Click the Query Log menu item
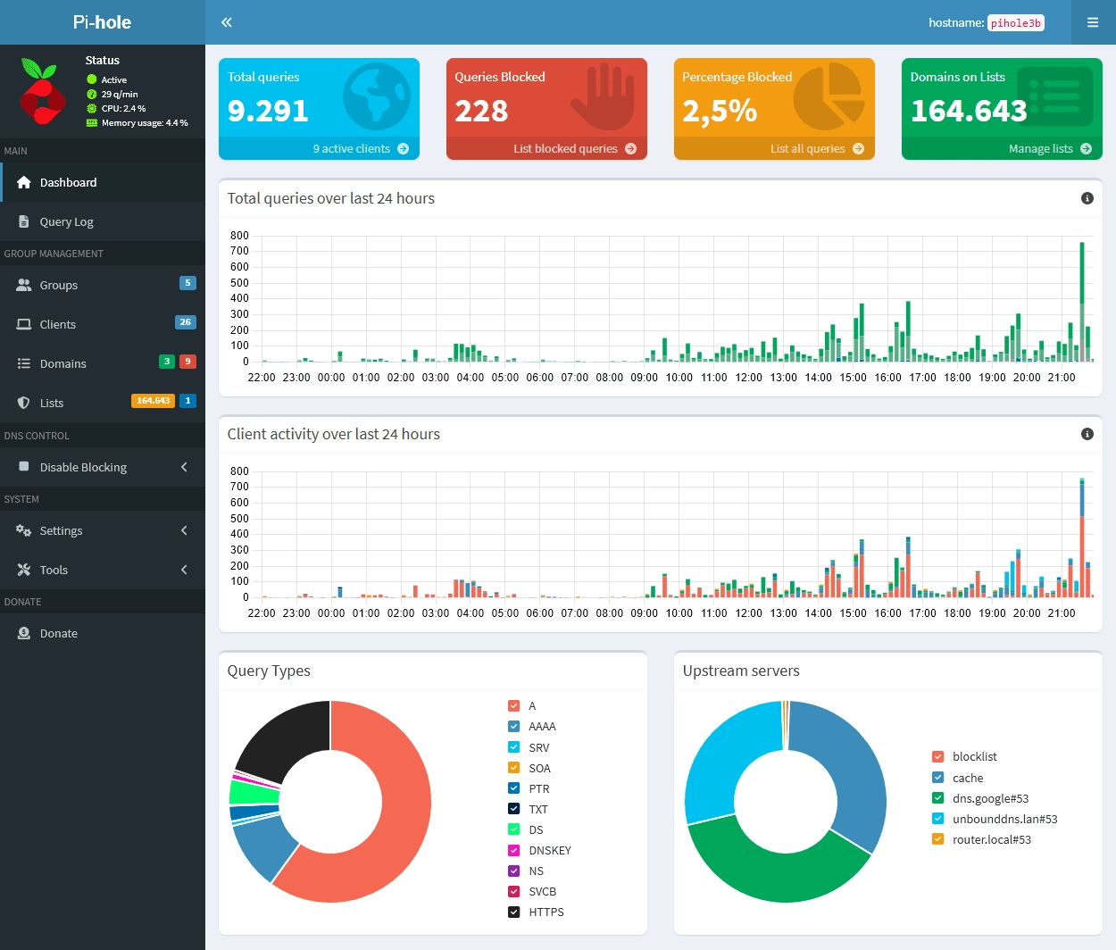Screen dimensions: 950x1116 tap(66, 221)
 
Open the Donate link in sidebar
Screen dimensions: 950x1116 tap(58, 633)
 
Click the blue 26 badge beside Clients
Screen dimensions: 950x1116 tap(185, 322)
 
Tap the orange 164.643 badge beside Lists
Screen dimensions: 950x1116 tap(153, 401)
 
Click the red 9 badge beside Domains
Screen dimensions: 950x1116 tap(187, 362)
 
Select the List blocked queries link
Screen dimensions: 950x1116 tap(574, 149)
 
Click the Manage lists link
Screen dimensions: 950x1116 tap(1049, 149)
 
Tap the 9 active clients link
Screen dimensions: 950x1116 tap(360, 149)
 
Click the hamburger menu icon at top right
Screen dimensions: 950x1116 tap(1093, 22)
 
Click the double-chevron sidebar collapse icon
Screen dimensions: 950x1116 tap(227, 22)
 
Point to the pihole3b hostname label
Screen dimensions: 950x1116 tap(1016, 23)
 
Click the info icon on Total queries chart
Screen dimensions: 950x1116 tap(1087, 198)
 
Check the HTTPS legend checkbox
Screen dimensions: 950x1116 tap(514, 912)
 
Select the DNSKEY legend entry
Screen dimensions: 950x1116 tap(549, 850)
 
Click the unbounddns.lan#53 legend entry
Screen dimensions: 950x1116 tap(1004, 819)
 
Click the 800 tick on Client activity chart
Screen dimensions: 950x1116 tap(239, 471)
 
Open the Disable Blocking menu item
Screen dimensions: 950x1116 tap(83, 467)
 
